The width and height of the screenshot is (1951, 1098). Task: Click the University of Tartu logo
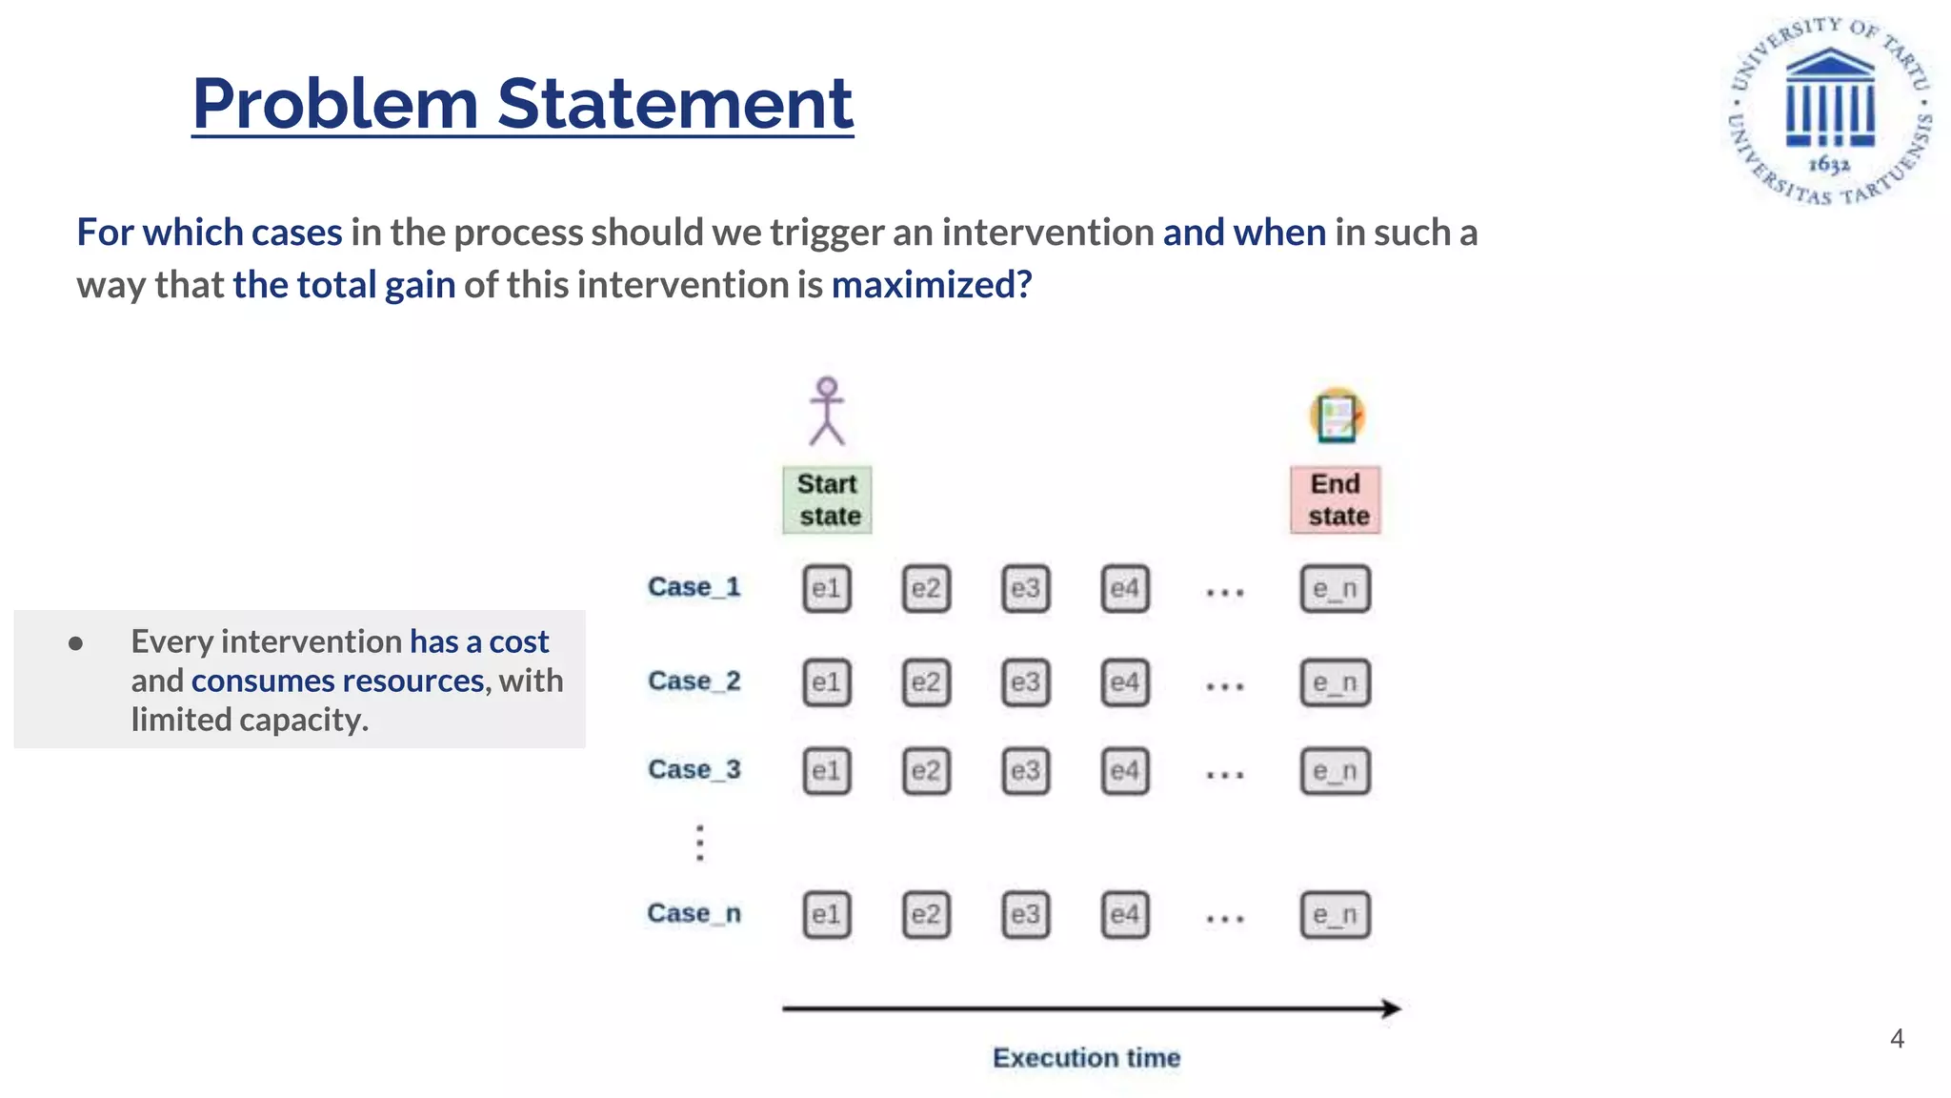[1830, 111]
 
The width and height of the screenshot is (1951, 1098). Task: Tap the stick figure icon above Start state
[827, 412]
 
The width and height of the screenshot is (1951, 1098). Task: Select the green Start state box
[828, 499]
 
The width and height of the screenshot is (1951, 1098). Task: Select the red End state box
[1336, 499]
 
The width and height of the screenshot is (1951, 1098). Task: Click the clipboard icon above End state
[1337, 417]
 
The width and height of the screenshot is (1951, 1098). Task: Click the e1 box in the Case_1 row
[826, 588]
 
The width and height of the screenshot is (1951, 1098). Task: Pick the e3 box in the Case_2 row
[1025, 682]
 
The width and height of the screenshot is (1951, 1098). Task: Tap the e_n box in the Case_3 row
[1335, 770]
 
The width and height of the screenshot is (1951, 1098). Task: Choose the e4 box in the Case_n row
[1124, 915]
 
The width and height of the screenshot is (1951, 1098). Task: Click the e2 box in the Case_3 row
[926, 770]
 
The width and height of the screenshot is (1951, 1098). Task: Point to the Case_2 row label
[694, 681]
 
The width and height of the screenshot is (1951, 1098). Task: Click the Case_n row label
[694, 913]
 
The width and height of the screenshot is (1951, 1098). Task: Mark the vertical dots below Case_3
[700, 843]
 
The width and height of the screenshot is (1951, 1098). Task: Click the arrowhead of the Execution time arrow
[1392, 1008]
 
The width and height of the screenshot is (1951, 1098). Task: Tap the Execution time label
[1086, 1058]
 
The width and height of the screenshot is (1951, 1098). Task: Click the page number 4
[1897, 1038]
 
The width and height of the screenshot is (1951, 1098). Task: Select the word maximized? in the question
[931, 285]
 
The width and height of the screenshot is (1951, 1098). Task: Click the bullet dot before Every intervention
[76, 643]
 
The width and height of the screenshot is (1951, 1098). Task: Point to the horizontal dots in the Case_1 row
[1224, 593]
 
